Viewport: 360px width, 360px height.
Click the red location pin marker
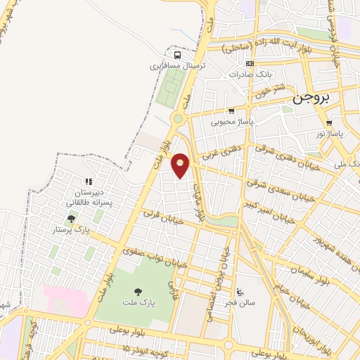coord(181,165)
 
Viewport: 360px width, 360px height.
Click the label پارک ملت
coord(137,303)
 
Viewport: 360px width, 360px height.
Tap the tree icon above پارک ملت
coord(138,290)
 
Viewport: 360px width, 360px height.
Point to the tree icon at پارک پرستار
coord(71,219)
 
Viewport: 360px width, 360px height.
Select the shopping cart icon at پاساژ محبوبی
coord(231,110)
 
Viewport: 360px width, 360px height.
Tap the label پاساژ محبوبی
coord(232,121)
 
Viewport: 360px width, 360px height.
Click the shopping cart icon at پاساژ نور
coord(328,122)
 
